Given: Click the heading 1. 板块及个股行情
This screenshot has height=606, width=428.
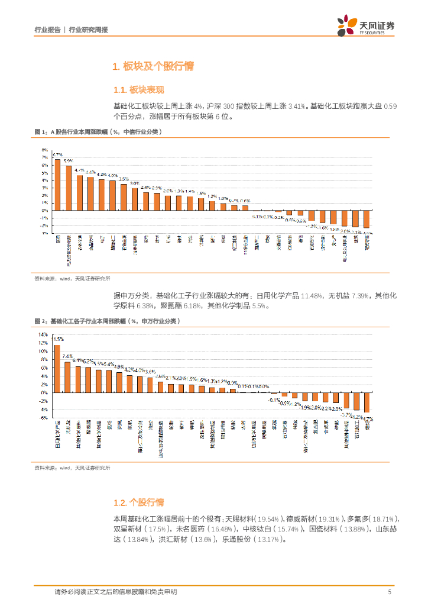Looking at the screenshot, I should coord(153,67).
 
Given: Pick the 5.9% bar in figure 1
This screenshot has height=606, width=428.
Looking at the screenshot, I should coord(69,188).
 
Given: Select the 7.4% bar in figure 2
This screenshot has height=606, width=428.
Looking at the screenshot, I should coord(67,377).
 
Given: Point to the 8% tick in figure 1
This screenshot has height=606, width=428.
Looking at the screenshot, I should coord(45,151).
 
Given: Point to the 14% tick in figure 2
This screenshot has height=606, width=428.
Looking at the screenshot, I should coord(43,334).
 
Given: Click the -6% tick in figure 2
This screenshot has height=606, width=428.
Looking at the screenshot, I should coord(44,417).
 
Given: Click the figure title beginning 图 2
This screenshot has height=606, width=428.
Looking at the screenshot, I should coord(107,321).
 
